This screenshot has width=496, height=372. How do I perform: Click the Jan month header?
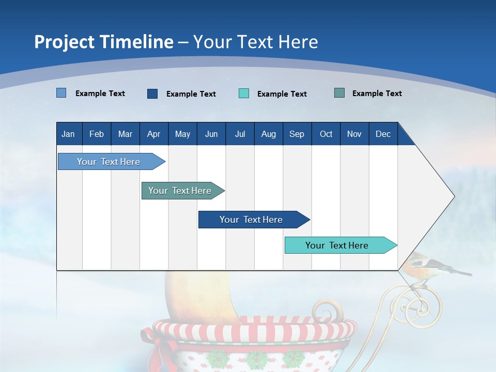coord(68,134)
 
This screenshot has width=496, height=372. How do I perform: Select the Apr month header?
coord(153,134)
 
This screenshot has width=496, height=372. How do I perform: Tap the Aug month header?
coord(268,134)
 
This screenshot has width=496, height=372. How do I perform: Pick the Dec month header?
coord(383,134)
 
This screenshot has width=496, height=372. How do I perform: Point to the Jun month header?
coord(211,134)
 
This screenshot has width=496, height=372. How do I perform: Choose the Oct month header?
coord(326,134)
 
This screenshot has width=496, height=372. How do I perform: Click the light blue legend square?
coord(61,93)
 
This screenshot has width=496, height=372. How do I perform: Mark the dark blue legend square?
coord(152,94)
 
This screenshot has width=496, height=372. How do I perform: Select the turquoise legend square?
coord(244,94)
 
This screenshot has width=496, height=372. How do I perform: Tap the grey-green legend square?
coord(339,93)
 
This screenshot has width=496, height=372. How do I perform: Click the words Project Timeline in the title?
coord(104,42)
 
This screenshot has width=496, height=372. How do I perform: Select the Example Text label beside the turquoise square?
coord(282,94)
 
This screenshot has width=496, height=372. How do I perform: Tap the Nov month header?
coord(354,134)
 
